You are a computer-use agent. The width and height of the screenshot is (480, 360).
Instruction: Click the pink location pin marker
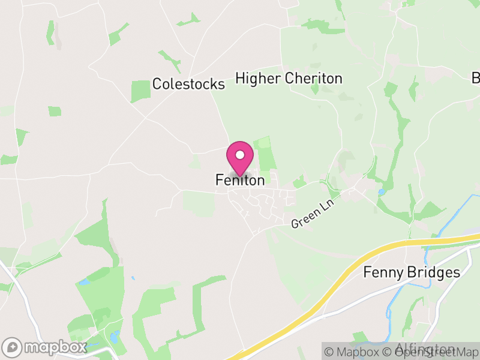(240, 158)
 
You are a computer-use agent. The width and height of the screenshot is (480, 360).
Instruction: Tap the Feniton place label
(239, 180)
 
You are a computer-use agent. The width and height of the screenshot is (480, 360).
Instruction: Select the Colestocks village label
(188, 84)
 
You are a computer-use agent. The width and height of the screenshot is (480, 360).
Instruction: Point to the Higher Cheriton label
(289, 79)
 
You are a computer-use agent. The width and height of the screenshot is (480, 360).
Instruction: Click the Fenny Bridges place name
(412, 272)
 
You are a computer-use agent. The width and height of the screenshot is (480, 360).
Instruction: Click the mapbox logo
(44, 347)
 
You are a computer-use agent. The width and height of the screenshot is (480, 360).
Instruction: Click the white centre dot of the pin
(240, 155)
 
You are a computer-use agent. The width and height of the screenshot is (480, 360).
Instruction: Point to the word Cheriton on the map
(313, 79)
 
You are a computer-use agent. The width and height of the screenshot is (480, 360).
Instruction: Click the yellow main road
(336, 282)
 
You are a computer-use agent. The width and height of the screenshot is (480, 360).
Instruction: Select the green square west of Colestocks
(140, 91)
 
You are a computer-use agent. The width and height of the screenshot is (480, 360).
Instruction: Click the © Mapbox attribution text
(355, 352)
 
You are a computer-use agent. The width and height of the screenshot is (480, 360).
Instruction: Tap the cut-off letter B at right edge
(476, 78)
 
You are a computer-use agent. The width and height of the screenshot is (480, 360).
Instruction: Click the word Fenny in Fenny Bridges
(382, 272)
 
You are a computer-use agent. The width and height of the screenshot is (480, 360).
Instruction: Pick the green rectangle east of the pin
(265, 153)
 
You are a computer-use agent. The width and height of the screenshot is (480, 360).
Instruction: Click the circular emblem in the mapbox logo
(12, 347)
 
